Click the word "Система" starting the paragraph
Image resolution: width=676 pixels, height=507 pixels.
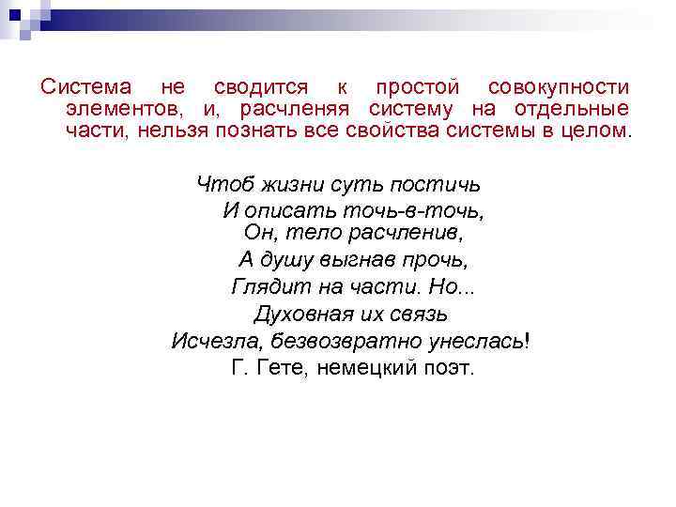coord(86,87)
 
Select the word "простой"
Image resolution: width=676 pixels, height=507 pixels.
coord(416,87)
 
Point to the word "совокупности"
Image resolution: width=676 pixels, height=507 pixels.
coord(559,87)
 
